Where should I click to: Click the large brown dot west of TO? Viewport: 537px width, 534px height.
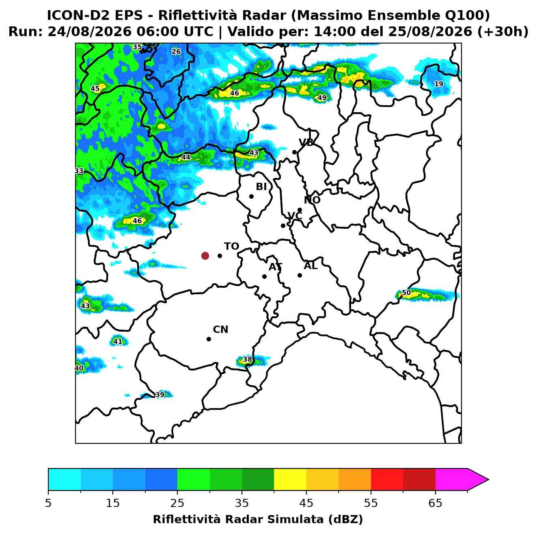[x=205, y=255]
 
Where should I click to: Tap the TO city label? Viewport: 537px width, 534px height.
[x=231, y=246]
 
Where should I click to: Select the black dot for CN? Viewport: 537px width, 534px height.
[x=209, y=339]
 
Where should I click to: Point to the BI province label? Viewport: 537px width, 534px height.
[x=261, y=187]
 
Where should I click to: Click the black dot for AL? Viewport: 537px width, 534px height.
[x=300, y=275]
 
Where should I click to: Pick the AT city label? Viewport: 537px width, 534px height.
[x=275, y=267]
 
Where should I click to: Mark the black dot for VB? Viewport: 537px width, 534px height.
[x=294, y=152]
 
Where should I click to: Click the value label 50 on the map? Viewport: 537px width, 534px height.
[x=406, y=293]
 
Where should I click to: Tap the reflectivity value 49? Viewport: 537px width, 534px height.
[x=322, y=98]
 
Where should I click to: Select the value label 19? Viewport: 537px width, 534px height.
[x=439, y=84]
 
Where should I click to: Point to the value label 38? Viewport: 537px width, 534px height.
[x=247, y=359]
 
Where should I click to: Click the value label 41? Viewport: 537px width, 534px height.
[x=118, y=341]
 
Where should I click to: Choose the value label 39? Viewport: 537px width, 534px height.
[x=160, y=395]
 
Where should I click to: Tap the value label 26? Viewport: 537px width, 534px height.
[x=176, y=52]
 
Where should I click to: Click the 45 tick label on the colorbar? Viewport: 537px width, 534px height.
[x=306, y=503]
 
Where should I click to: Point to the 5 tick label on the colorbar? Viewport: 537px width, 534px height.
[x=48, y=503]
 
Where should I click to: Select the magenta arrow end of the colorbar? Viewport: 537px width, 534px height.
[x=478, y=480]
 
